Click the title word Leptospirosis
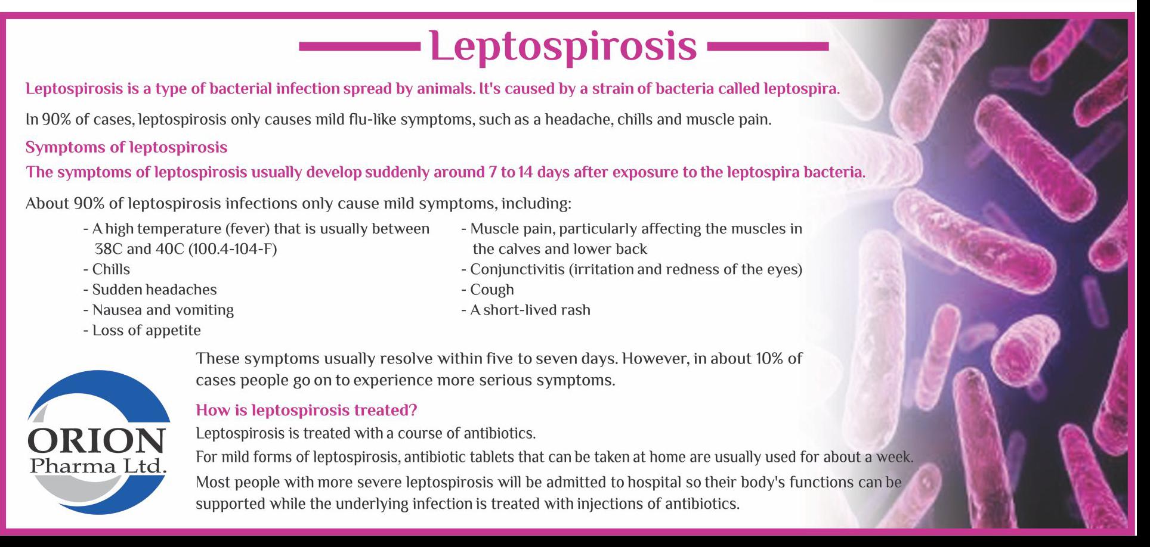click(x=562, y=46)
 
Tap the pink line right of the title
click(x=767, y=46)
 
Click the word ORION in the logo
click(x=96, y=442)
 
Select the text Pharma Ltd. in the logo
click(x=98, y=465)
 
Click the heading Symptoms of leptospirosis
click(x=126, y=147)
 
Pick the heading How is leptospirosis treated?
click(x=307, y=411)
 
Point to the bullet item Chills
click(x=107, y=269)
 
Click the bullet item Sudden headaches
click(x=150, y=290)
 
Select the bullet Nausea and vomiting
click(x=159, y=310)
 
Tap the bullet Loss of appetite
click(x=142, y=331)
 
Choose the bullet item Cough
click(x=488, y=290)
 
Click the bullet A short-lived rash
click(x=526, y=310)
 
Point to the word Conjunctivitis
click(x=517, y=269)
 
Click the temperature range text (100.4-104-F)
click(x=233, y=249)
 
